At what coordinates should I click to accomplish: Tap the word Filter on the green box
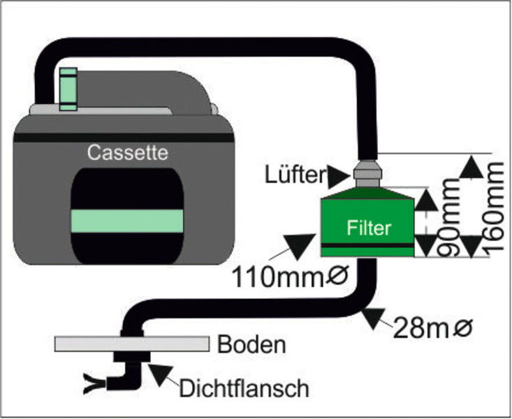click(370, 228)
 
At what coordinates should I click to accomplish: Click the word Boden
click(242, 344)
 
